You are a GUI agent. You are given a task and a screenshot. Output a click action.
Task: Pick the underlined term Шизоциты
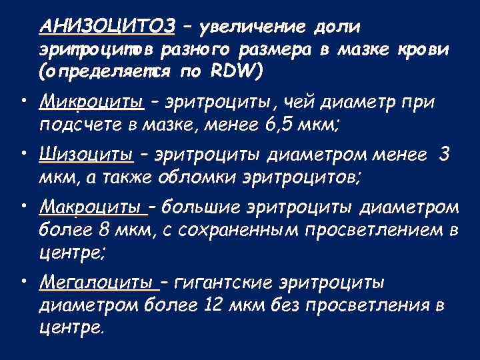[x=87, y=155]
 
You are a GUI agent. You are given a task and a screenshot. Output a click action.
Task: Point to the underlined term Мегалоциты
[x=99, y=283]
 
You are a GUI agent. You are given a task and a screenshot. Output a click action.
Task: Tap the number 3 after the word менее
[x=444, y=155]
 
